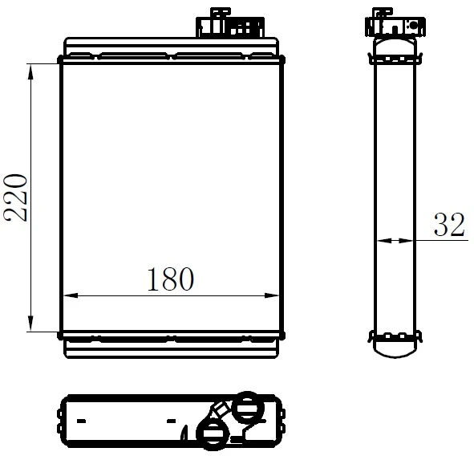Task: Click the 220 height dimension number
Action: coord(18,197)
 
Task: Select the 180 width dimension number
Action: coord(170,279)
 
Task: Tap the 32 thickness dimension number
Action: coord(449,226)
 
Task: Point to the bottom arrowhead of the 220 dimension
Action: coord(31,324)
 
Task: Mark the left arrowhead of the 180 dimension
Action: coord(69,296)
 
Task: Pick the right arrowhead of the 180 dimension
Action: coord(275,296)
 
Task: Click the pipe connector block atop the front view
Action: coord(230,24)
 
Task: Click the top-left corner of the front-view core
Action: coord(62,60)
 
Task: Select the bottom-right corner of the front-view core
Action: coord(282,332)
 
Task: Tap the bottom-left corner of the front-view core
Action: coord(62,332)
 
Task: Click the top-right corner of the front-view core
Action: coord(282,60)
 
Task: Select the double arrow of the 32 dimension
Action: coord(395,239)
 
